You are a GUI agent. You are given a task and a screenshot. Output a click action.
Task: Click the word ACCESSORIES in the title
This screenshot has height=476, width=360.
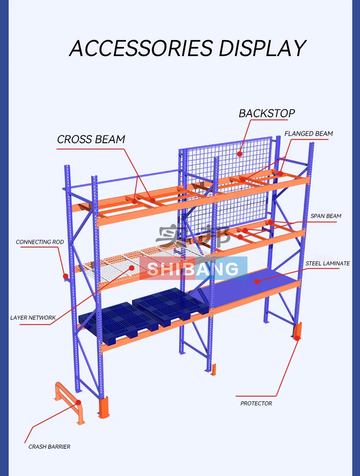point(141,48)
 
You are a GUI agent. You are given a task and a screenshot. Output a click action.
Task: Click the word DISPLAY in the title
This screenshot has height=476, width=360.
point(262,48)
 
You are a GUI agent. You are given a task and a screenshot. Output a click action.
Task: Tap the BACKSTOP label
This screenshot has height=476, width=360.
point(267,113)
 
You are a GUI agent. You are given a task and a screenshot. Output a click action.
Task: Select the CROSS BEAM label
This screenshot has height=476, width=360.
point(91,139)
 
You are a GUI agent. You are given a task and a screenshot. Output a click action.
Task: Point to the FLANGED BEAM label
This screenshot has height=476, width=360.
point(309,134)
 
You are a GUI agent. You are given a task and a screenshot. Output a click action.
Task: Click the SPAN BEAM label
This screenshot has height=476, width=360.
point(326,216)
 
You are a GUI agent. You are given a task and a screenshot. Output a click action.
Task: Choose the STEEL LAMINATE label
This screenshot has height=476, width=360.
point(328,263)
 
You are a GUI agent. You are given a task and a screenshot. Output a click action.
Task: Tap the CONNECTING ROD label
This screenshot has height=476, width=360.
point(40,242)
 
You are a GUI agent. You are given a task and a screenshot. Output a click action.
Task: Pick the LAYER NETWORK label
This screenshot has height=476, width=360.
point(33,317)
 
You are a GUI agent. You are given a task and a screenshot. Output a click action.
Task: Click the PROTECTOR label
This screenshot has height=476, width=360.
point(256,403)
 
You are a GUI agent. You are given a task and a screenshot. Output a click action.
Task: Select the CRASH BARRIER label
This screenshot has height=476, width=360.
point(49,446)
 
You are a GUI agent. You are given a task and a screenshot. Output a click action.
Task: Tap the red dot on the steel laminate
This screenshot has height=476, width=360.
point(257,282)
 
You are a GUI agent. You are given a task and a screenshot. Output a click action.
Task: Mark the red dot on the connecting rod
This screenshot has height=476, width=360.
point(66,276)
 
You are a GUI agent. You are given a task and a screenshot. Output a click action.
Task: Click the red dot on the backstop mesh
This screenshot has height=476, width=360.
point(240,154)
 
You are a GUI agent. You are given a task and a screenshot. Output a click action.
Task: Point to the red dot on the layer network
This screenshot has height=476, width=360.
point(131,268)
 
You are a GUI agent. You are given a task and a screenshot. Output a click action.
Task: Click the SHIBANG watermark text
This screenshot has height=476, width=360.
point(193,269)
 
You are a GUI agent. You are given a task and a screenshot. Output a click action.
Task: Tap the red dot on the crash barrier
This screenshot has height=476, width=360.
point(78,403)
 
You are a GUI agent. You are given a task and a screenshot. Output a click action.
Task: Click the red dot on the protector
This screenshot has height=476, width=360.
point(297,338)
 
